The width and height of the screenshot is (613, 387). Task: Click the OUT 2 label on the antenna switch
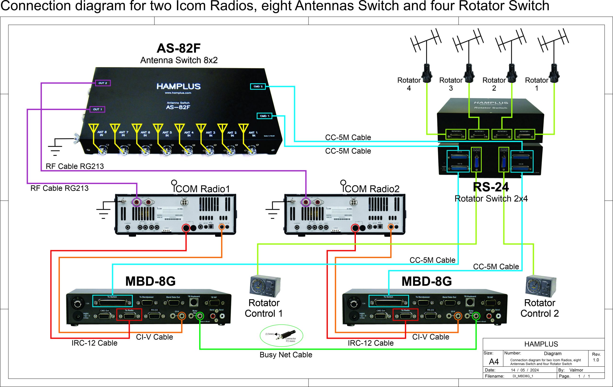(103, 83)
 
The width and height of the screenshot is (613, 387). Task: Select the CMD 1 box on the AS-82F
(265, 116)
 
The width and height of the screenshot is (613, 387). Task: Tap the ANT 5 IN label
(167, 134)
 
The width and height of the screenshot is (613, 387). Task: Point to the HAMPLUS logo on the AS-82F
(178, 86)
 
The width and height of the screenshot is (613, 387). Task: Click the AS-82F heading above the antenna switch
(178, 48)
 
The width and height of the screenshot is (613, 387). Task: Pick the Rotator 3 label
(451, 84)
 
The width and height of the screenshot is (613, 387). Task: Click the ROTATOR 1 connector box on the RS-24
(524, 134)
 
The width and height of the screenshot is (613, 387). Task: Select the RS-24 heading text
(491, 187)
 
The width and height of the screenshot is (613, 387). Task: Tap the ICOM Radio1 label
(201, 188)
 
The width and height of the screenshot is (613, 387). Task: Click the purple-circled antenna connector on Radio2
(306, 202)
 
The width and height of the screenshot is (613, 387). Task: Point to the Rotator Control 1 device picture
(265, 286)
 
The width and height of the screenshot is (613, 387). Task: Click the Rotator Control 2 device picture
(541, 286)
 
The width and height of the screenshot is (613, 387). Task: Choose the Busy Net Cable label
(286, 355)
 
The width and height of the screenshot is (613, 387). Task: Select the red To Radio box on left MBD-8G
(129, 315)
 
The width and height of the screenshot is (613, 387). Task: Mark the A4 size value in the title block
(494, 361)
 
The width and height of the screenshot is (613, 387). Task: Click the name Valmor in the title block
(576, 370)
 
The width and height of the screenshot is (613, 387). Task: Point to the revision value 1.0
(596, 360)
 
